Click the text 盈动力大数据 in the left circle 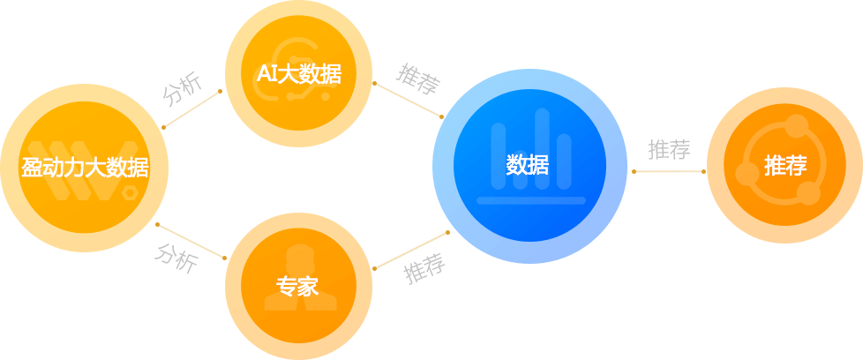coord(85,169)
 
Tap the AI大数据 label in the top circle coord(298,75)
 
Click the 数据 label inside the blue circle coord(528,165)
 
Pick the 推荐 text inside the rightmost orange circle coord(785,165)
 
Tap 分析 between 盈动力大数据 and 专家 coord(177,258)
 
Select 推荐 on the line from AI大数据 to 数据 coord(416,79)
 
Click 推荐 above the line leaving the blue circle coord(669,150)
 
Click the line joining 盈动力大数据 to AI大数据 coord(193,108)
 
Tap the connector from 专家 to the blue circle coord(411,251)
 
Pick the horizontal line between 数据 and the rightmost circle coord(669,171)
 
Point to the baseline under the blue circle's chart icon coord(530,200)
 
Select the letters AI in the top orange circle coord(266,75)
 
